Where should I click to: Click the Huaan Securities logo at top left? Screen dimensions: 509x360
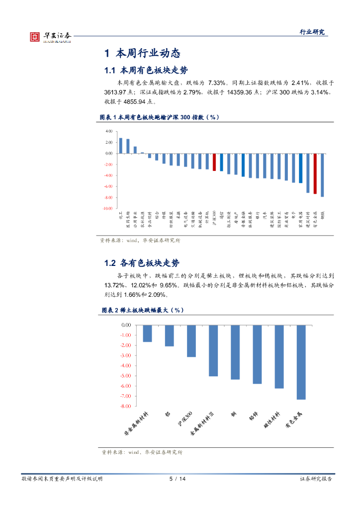tap(50, 36)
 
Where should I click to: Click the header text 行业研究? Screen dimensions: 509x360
tap(312, 32)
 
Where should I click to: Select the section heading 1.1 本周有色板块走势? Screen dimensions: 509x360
tap(146, 70)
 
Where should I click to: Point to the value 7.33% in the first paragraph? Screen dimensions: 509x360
tap(217, 83)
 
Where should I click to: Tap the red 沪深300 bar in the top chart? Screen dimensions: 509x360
tap(214, 162)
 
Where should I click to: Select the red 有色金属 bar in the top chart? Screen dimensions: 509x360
tap(315, 173)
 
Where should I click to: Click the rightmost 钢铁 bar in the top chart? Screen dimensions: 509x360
tap(322, 175)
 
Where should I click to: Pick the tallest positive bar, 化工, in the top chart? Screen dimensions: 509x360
tap(120, 146)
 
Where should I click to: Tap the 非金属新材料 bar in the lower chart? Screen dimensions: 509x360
tap(147, 334)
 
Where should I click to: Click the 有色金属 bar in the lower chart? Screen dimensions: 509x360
tap(300, 362)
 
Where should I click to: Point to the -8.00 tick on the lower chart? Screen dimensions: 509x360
tap(125, 406)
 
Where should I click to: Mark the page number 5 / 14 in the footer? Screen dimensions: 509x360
tap(178, 479)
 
